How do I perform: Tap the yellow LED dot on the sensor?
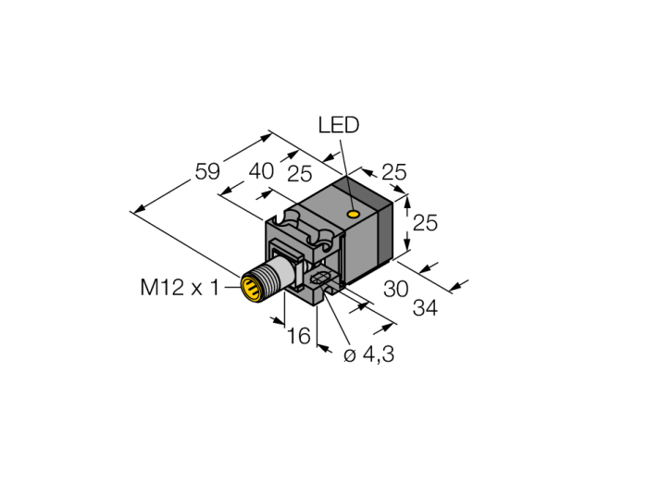pos(355,215)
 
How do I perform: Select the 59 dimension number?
pos(206,171)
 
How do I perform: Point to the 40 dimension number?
pos(262,172)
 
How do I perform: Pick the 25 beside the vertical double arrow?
pos(425,222)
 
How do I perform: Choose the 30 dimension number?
pos(395,288)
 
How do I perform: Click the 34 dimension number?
pos(425,307)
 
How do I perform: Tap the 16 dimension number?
pos(297,336)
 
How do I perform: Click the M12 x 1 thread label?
pos(180,288)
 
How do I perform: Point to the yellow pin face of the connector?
pos(250,288)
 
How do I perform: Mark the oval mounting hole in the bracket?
pos(320,279)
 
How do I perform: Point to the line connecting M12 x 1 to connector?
pos(231,288)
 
